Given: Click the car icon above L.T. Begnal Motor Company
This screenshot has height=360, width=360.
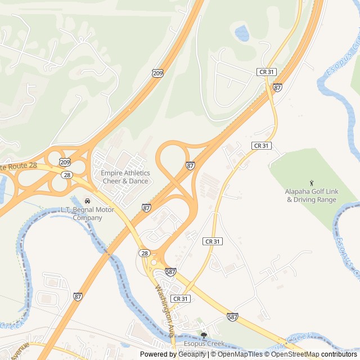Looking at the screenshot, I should tap(87, 201).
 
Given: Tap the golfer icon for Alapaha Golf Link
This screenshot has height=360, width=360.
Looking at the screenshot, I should tap(312, 183).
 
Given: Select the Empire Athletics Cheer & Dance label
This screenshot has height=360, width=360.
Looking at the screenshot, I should tap(125, 177).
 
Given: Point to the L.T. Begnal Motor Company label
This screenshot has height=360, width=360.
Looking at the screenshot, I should tap(87, 214).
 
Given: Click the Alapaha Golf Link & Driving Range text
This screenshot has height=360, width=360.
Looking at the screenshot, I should tap(312, 195).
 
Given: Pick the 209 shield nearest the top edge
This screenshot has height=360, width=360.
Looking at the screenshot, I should tap(157, 73).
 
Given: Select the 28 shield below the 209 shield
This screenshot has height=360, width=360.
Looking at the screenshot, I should tap(67, 175).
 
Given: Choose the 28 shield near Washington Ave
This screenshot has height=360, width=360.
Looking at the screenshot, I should tap(145, 254).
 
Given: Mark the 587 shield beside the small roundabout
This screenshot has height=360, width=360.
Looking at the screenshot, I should tap(171, 272).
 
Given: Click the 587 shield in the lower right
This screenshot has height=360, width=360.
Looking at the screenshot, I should tap(232, 317).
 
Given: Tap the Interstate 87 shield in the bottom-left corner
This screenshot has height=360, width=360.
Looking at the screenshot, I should tap(78, 296).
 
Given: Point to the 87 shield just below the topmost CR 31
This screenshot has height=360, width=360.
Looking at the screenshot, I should tap(277, 87).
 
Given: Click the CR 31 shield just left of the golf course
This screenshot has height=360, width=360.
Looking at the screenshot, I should tap(261, 145).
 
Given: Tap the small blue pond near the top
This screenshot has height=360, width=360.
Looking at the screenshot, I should tap(242, 34).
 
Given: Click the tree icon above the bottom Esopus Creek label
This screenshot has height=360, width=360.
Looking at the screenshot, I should tap(204, 335).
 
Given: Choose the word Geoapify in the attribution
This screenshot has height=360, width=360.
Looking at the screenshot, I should tap(192, 354).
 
